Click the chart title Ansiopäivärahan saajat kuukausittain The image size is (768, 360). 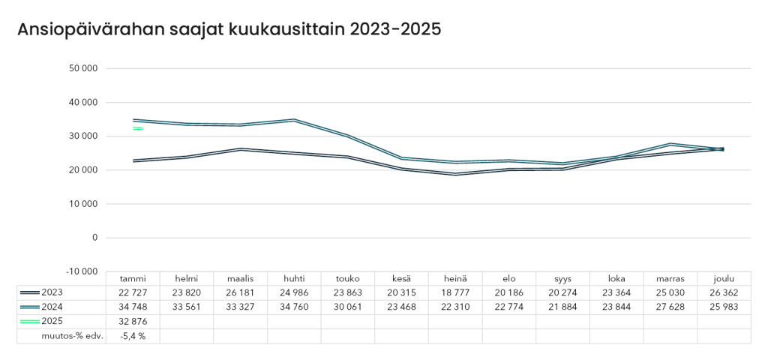229,29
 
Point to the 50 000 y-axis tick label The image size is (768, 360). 83,69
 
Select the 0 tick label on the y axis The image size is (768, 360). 94,238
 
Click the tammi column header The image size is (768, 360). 133,279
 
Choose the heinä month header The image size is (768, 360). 455,279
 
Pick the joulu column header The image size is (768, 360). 724,279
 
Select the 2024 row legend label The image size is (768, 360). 52,307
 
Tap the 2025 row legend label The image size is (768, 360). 52,322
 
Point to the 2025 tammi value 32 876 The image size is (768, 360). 133,322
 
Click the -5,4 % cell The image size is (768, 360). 133,336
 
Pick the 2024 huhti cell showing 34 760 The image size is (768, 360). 294,307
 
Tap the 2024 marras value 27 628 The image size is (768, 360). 670,307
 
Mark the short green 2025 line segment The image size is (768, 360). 138,128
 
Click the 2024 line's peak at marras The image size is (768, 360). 670,144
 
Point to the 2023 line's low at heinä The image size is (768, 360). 455,174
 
